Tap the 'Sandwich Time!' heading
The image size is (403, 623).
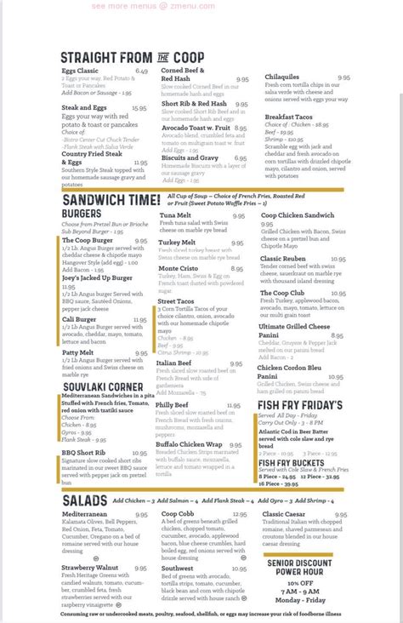[x=111, y=199]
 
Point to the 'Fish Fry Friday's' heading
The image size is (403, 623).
[x=300, y=405]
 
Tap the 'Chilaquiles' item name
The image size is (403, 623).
[x=284, y=77]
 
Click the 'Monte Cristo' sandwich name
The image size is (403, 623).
[x=178, y=268]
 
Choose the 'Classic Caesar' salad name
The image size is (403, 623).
[x=287, y=514]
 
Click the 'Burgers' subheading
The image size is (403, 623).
[x=82, y=213]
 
